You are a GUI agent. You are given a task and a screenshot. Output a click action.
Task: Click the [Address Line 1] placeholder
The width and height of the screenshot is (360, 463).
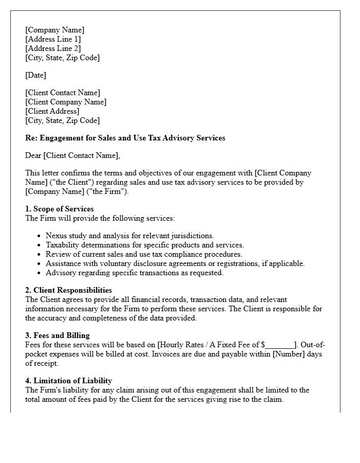click(53, 39)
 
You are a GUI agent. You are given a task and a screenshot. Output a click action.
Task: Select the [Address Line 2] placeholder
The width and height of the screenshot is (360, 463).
click(53, 48)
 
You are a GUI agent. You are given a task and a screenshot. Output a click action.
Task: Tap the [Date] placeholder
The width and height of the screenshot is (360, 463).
click(35, 75)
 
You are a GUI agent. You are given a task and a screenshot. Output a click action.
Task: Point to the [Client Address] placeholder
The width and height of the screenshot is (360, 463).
click(52, 111)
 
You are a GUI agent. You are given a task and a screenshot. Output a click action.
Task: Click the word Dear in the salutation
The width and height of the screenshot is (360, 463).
click(33, 155)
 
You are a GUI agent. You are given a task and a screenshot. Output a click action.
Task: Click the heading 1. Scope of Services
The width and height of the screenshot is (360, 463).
click(60, 209)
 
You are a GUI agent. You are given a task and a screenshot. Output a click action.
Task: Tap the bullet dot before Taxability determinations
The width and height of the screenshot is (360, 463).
click(40, 245)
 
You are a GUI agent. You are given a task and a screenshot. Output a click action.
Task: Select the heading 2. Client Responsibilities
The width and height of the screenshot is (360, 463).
click(68, 290)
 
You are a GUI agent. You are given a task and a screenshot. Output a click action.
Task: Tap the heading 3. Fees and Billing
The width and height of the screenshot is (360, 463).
click(58, 335)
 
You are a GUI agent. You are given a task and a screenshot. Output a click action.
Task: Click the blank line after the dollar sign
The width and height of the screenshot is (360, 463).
click(280, 345)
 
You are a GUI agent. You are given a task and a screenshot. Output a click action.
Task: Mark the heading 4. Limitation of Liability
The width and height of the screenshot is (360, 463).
click(68, 381)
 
